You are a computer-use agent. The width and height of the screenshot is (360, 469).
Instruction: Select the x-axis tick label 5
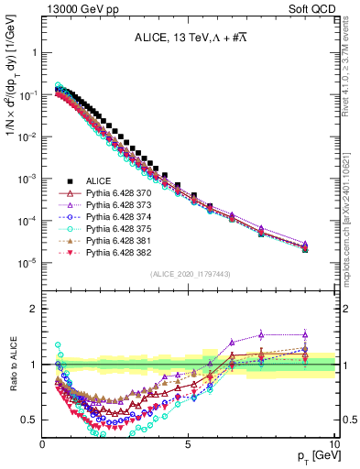pyautogui.click(x=189, y=443)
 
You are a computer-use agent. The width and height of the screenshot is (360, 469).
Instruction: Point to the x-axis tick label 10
pyautogui.click(x=333, y=443)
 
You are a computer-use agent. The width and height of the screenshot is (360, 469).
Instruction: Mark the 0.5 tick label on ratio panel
pyautogui.click(x=30, y=420)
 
